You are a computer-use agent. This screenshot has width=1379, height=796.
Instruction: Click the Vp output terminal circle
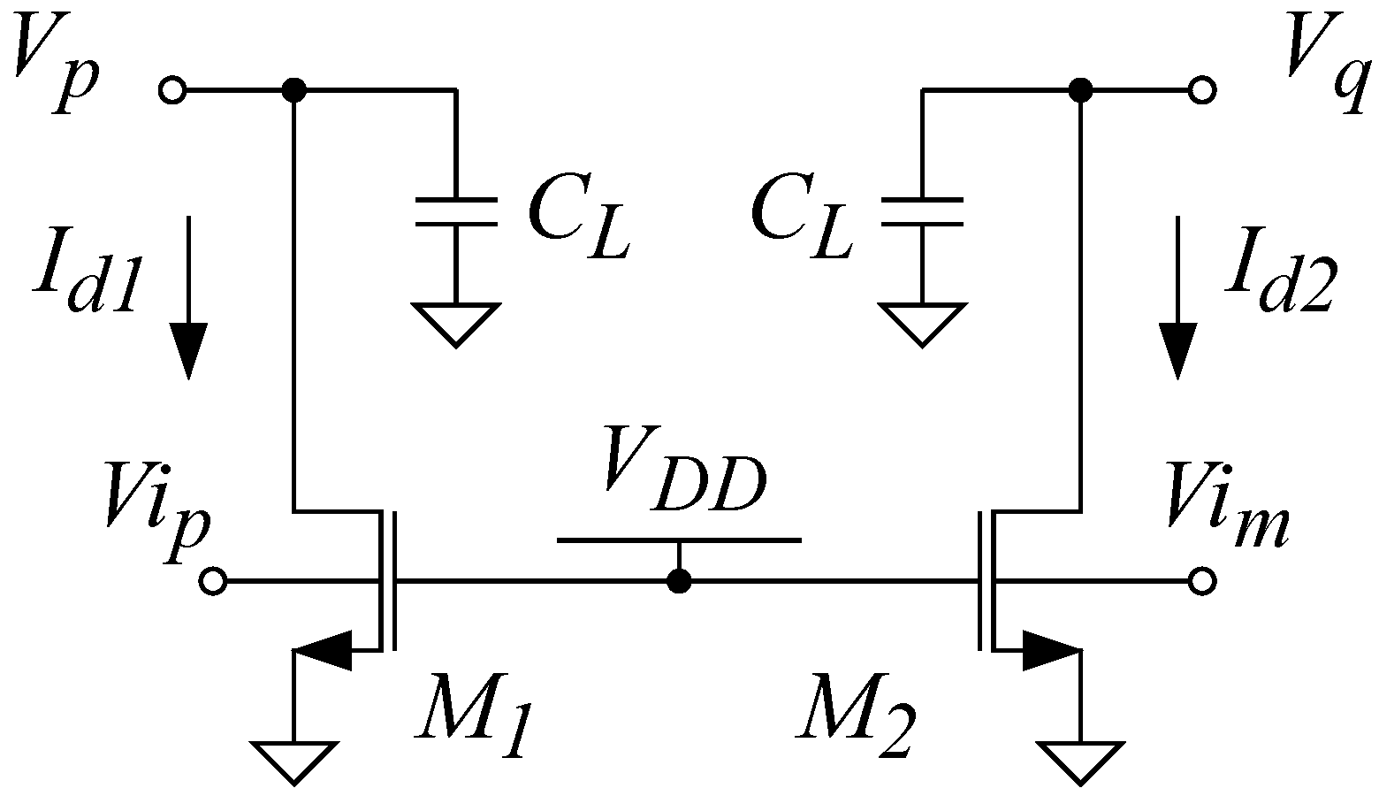coord(171,90)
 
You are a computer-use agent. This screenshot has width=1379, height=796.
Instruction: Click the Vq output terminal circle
coord(1201,90)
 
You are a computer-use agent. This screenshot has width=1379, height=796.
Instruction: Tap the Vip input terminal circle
coord(213,581)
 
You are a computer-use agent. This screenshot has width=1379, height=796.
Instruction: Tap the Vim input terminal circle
coord(1201,581)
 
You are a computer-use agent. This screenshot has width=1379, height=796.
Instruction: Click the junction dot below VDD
coord(679,581)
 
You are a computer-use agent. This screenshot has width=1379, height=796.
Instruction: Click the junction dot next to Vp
coord(293,90)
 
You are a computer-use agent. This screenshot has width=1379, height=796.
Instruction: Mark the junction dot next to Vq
coord(1079,90)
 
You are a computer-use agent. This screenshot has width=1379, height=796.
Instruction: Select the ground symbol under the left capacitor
coord(456,323)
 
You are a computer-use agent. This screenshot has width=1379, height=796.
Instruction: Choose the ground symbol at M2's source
coord(1079,763)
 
